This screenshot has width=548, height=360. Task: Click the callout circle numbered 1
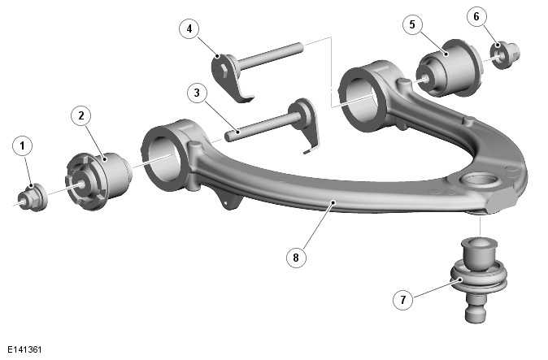[23, 146]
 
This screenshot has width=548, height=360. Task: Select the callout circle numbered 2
[81, 115]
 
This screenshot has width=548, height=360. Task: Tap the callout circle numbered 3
[197, 93]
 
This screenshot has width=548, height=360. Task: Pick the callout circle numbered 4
[189, 28]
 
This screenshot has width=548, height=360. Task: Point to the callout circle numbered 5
[412, 24]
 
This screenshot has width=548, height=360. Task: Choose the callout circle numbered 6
[476, 16]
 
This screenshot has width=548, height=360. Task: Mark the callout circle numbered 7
[403, 300]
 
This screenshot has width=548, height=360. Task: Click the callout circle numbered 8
[296, 258]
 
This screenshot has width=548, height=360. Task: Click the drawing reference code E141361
[24, 349]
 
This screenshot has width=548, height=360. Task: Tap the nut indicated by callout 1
[33, 197]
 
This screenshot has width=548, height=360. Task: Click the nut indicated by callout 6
[505, 54]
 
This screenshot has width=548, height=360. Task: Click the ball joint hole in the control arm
[480, 181]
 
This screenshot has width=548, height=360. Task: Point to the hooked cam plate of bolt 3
[307, 126]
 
